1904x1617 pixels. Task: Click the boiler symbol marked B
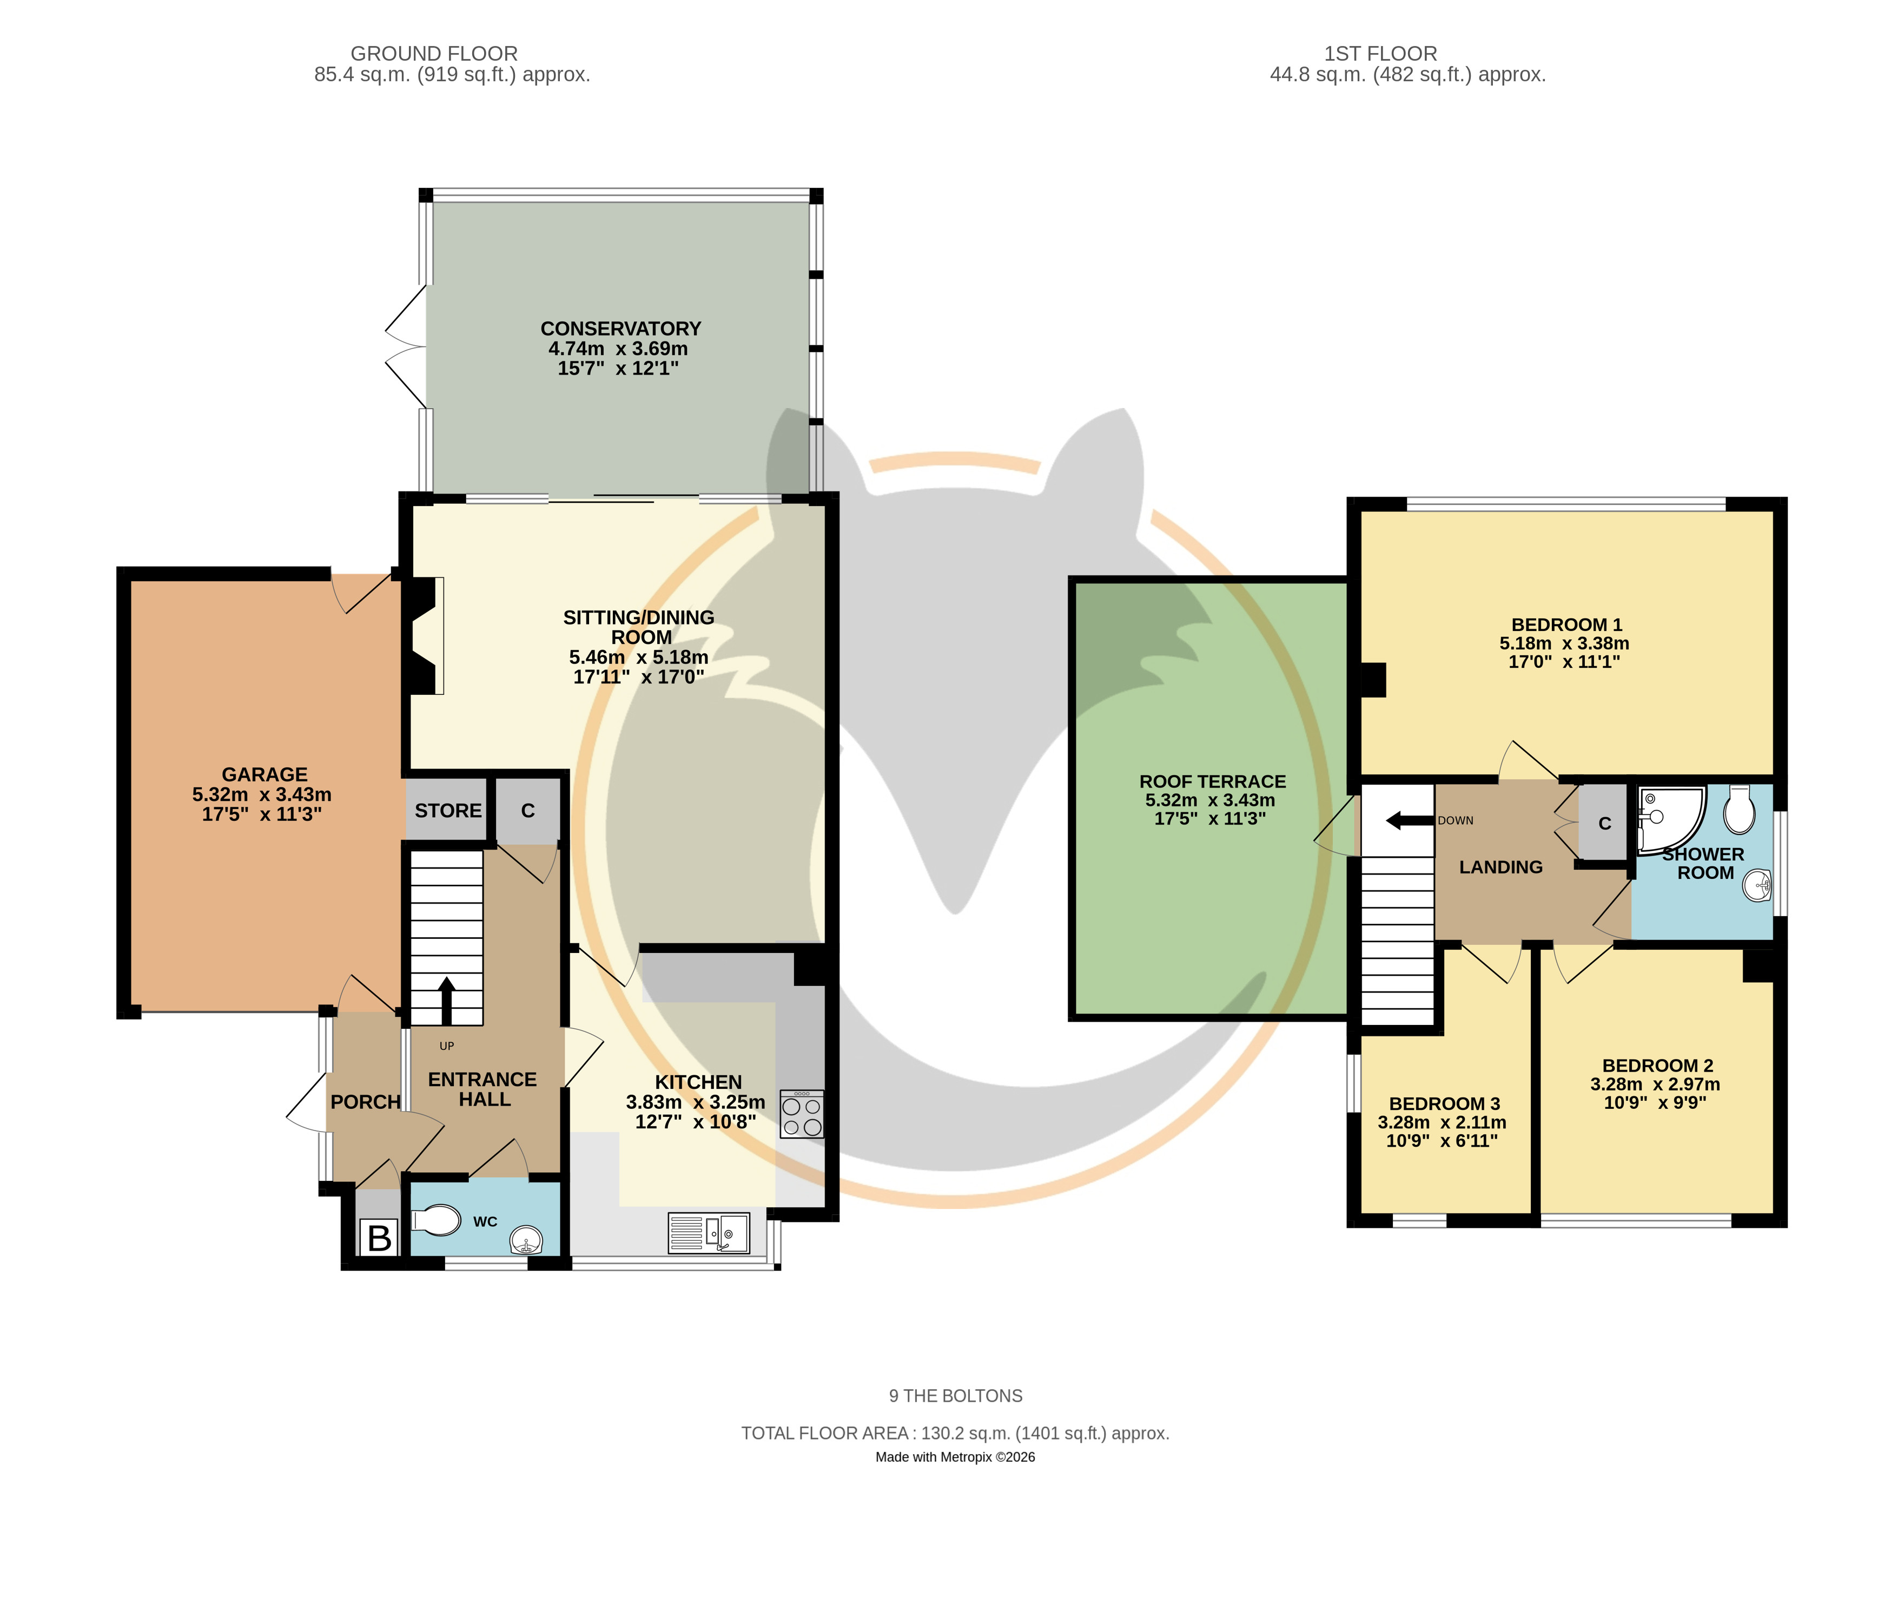pos(379,1238)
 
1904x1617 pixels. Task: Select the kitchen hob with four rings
pos(801,1114)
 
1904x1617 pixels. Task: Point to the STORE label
pos(448,810)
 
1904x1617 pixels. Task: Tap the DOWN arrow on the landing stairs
pos(1409,820)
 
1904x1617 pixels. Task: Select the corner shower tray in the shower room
pos(1669,819)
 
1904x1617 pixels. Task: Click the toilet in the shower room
pos(1739,808)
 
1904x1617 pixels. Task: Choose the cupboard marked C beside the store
pos(528,810)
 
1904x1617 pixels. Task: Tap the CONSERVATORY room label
pos(620,328)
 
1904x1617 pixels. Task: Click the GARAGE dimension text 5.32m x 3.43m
pos(262,795)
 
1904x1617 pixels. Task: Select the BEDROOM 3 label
pos(1444,1103)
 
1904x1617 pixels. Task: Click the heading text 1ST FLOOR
pos(1380,53)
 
